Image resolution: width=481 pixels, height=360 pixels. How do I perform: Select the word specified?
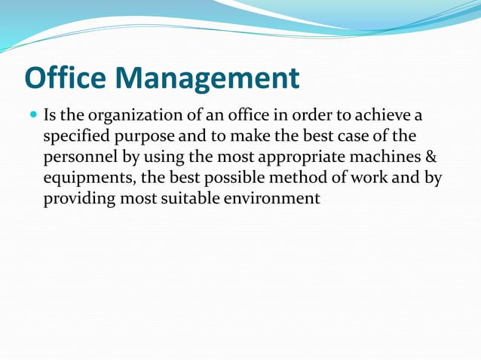click(x=75, y=137)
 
